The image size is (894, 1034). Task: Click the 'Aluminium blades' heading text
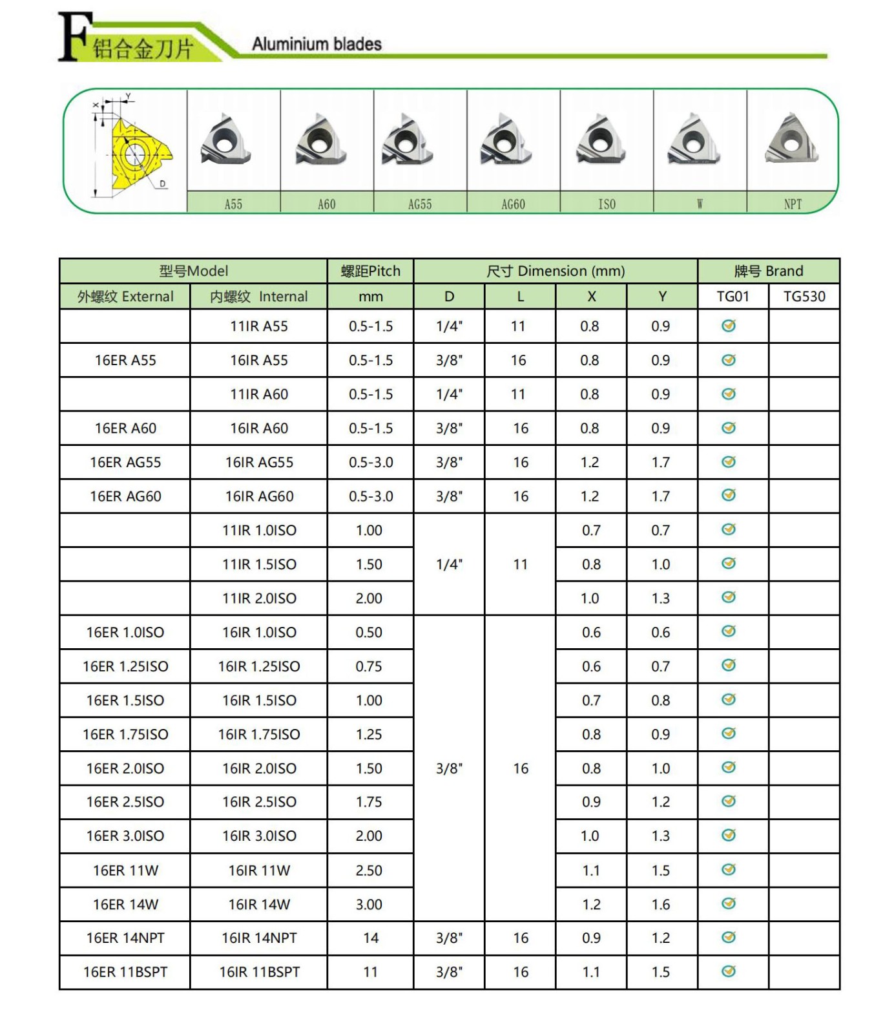pyautogui.click(x=317, y=44)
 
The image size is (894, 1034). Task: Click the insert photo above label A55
pyautogui.click(x=225, y=141)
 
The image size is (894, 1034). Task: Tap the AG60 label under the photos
pyautogui.click(x=513, y=204)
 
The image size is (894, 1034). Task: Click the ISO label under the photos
pyautogui.click(x=607, y=204)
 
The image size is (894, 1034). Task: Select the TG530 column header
pyautogui.click(x=804, y=297)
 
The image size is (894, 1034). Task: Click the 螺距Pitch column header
pyautogui.click(x=370, y=271)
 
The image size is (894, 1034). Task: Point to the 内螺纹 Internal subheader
pyautogui.click(x=259, y=297)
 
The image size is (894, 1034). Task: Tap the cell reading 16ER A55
pyautogui.click(x=125, y=361)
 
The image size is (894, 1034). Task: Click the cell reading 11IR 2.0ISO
pyautogui.click(x=259, y=598)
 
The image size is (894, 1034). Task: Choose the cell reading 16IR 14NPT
pyautogui.click(x=259, y=938)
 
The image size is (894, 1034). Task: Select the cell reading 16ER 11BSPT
pyautogui.click(x=125, y=972)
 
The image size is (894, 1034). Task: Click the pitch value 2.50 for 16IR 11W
pyautogui.click(x=369, y=870)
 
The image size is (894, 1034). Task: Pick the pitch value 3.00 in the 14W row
pyautogui.click(x=369, y=904)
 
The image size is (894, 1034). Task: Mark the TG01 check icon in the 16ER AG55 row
pyautogui.click(x=729, y=461)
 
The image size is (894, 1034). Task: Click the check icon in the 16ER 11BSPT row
pyautogui.click(x=729, y=971)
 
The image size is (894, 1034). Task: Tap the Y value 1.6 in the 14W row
pyautogui.click(x=661, y=904)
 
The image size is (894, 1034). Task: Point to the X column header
pyautogui.click(x=591, y=297)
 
